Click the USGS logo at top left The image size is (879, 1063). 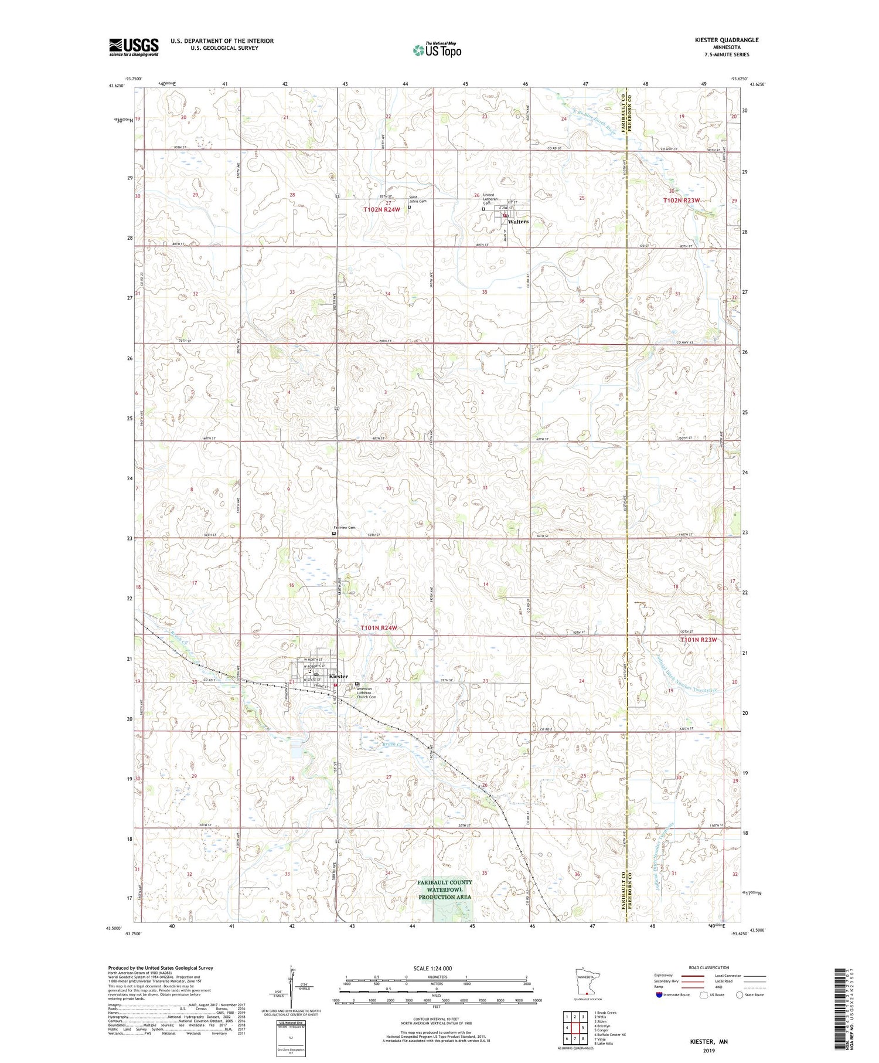(x=134, y=47)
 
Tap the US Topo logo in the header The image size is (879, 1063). (x=437, y=50)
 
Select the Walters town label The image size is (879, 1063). (x=518, y=222)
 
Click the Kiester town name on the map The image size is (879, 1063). (x=338, y=676)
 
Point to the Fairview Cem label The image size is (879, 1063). (x=345, y=528)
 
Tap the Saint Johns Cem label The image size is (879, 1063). (x=418, y=199)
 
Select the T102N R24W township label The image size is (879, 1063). (x=382, y=209)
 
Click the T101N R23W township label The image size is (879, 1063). (x=699, y=640)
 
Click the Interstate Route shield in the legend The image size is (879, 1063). (x=659, y=995)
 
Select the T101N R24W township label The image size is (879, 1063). (x=379, y=628)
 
